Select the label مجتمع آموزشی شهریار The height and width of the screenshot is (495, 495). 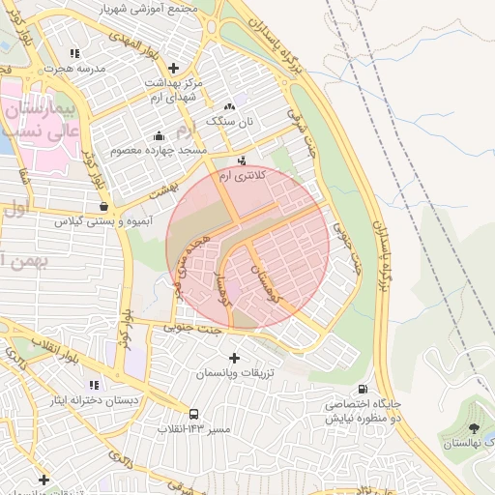click(x=150, y=8)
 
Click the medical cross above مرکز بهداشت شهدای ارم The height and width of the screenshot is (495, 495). click(x=173, y=68)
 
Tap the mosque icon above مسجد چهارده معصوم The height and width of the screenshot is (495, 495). click(x=159, y=135)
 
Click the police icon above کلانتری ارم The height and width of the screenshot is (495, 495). click(x=242, y=161)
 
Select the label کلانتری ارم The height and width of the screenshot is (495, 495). click(x=240, y=178)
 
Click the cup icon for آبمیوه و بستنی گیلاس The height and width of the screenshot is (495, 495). click(x=104, y=206)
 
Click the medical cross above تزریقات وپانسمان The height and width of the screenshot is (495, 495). click(x=234, y=358)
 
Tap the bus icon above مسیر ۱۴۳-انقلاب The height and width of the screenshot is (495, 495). click(x=194, y=412)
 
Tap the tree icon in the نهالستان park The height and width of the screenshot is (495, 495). click(x=473, y=428)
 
